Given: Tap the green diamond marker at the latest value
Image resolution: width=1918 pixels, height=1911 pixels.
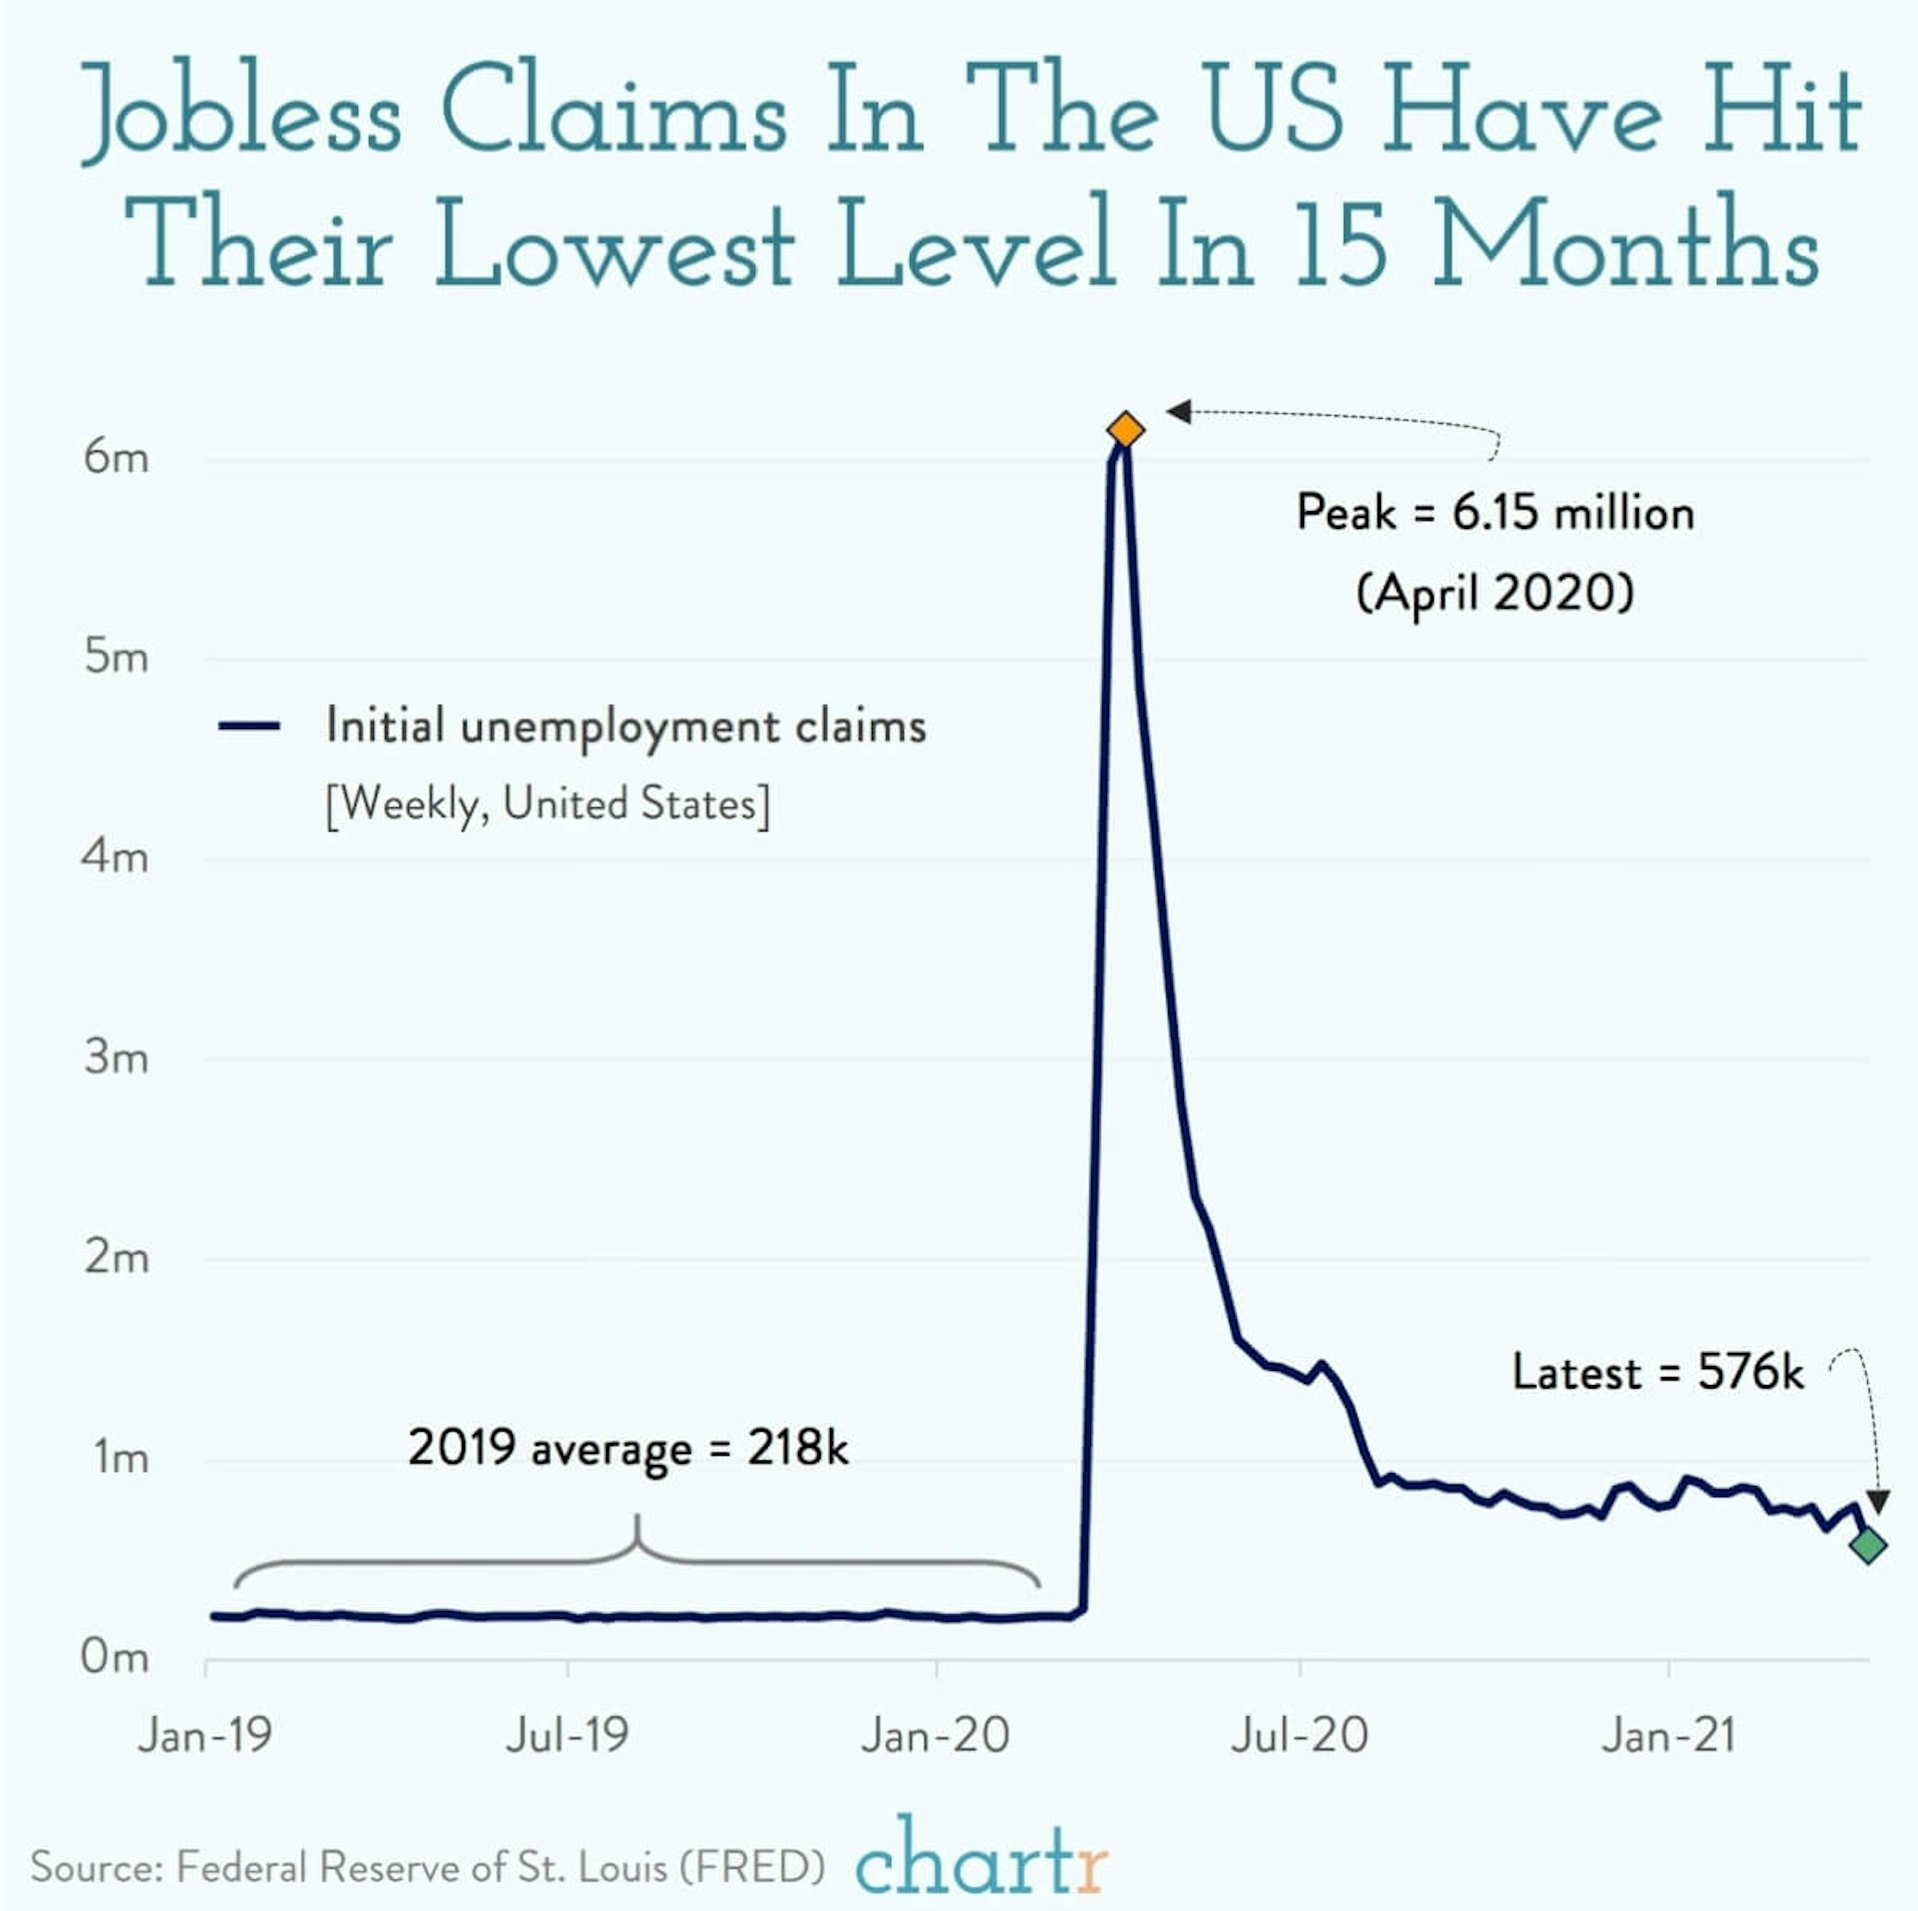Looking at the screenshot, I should coord(1868,1545).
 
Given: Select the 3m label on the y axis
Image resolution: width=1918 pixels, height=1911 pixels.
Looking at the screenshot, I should coord(116,1058).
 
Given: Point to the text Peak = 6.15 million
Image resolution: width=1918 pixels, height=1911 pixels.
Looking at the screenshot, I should coord(1495,513).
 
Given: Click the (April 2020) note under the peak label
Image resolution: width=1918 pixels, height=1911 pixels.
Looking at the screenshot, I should coord(1495,594).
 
